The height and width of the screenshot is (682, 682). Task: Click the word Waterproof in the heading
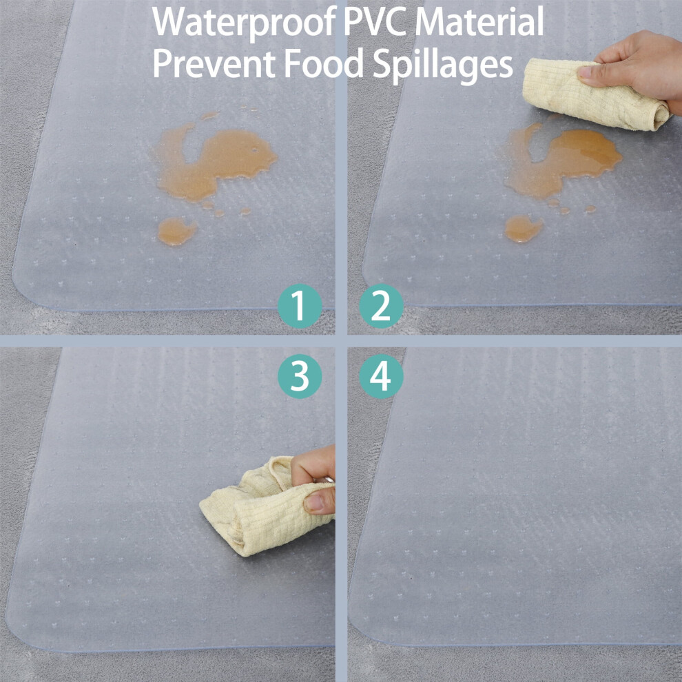245,22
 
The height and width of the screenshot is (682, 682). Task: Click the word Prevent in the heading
214,63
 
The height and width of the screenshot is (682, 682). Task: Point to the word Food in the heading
324,63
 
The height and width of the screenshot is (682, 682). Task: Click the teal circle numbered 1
300,306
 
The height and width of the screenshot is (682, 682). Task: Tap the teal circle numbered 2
381,306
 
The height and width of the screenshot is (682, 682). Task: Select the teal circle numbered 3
300,376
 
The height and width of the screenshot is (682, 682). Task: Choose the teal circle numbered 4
381,376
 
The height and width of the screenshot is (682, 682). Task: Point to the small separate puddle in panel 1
176,231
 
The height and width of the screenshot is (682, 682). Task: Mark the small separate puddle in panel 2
523,228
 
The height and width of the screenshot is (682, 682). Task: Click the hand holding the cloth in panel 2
637,65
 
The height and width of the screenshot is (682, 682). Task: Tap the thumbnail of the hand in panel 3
313,502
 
